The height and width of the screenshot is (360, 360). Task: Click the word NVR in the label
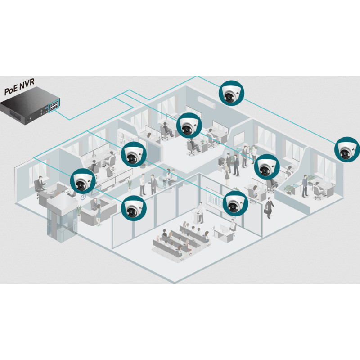(27, 84)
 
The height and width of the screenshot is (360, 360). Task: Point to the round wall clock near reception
(83, 197)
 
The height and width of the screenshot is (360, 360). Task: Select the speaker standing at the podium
(201, 212)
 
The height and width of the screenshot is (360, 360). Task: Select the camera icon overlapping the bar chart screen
(235, 203)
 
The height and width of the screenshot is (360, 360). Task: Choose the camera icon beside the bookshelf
(134, 154)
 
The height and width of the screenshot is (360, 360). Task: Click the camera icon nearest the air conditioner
(231, 93)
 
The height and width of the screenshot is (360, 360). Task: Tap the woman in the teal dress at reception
(99, 215)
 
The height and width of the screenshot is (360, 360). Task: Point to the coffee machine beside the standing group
(221, 162)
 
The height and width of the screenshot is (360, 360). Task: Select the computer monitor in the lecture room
(223, 228)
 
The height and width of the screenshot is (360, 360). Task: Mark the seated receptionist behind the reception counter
(94, 204)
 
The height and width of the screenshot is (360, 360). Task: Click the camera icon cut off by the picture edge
(347, 149)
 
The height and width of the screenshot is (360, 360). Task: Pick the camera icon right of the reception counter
(134, 208)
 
